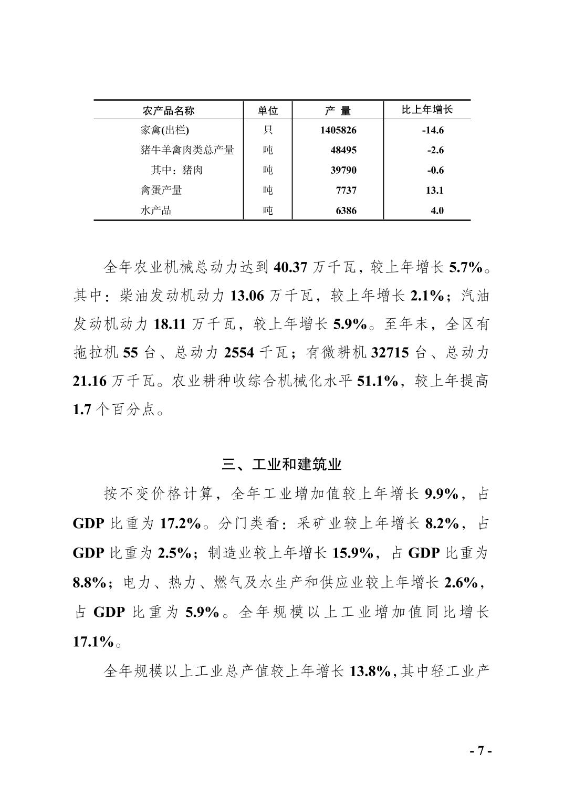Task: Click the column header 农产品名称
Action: (x=168, y=110)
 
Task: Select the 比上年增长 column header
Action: (x=427, y=110)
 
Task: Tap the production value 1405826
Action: (x=338, y=130)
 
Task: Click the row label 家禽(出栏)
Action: (x=164, y=130)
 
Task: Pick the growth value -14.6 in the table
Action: (x=433, y=130)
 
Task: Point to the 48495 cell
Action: (x=343, y=150)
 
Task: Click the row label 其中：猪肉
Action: (x=176, y=170)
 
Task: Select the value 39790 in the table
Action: (x=343, y=170)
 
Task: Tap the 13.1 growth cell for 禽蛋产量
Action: (x=435, y=190)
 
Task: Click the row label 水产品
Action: (x=156, y=211)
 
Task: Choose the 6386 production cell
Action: (x=346, y=211)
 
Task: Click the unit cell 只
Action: (x=268, y=130)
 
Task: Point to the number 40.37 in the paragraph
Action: (x=290, y=267)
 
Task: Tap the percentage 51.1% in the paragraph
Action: (x=377, y=381)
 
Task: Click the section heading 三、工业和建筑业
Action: (x=281, y=465)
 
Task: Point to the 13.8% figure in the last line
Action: (x=370, y=671)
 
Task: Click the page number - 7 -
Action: (x=480, y=751)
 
